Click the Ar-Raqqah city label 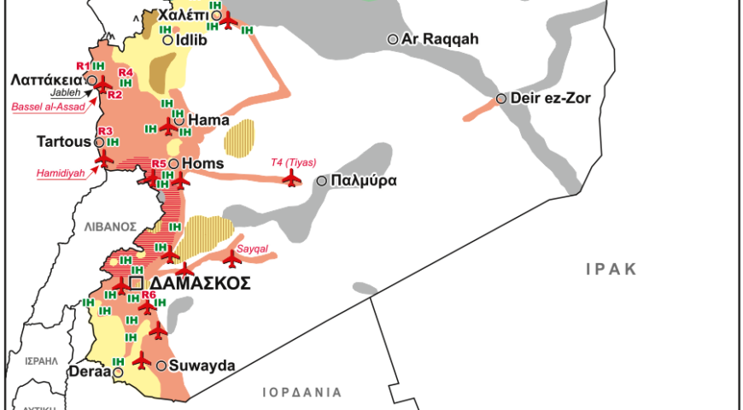pos(441,39)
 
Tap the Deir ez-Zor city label pos(551,98)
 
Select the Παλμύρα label pos(364,181)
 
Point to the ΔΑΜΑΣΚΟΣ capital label pos(201,283)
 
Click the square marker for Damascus pos(136,283)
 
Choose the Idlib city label pos(191,39)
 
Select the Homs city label pos(202,164)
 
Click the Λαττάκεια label pos(46,79)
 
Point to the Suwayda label pos(202,366)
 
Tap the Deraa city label pos(89,372)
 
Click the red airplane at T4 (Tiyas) pos(292,179)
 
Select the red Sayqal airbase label pos(253,248)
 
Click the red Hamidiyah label pos(60,173)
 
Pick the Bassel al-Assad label pos(48,107)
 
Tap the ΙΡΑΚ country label pos(611,269)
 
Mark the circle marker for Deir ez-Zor pos(501,98)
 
